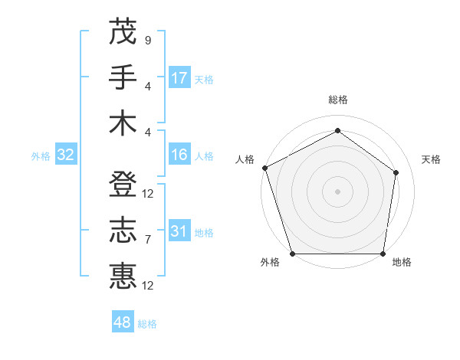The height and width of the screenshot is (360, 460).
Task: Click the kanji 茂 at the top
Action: tap(123, 31)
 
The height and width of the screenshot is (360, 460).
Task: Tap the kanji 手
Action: tap(123, 77)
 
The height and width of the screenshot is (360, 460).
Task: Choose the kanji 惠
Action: tap(123, 277)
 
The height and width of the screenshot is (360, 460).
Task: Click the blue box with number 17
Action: tap(179, 78)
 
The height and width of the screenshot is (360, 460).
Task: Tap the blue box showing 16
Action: tap(179, 155)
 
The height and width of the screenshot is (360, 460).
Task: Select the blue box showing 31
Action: tap(179, 232)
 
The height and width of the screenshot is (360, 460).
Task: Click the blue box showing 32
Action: tap(65, 155)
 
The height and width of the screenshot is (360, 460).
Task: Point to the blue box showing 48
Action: tap(123, 322)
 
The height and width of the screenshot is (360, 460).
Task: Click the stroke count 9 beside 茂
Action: tap(147, 40)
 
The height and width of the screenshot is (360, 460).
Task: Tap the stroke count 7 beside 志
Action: tap(147, 240)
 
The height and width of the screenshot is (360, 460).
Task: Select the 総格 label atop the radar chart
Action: tap(337, 100)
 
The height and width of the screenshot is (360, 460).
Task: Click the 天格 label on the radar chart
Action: tap(431, 159)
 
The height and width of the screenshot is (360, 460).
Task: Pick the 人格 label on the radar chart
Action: tap(245, 159)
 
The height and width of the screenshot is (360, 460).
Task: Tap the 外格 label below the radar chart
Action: tap(270, 262)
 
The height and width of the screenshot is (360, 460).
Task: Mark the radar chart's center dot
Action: tap(337, 191)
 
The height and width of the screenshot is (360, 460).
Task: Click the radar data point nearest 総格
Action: tap(337, 131)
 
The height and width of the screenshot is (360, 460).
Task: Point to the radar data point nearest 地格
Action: tap(383, 254)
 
